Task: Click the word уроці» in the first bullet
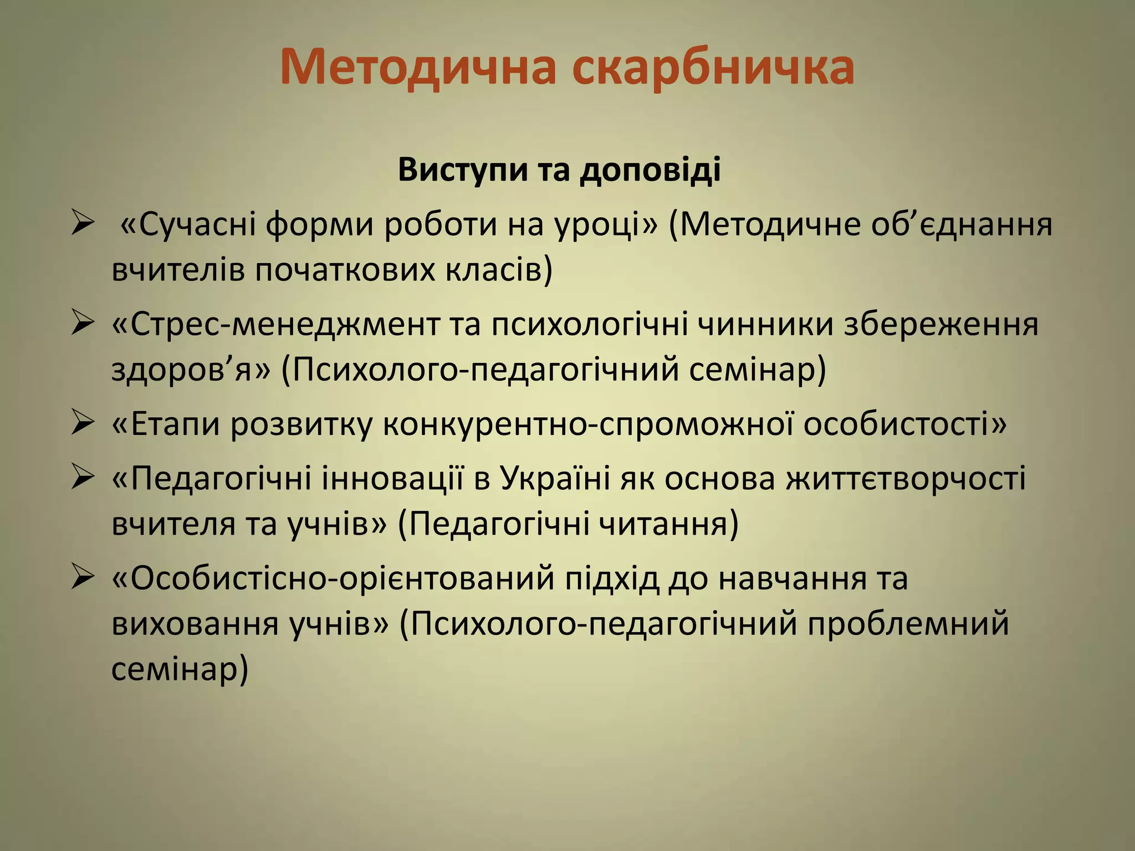click(604, 225)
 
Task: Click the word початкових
click(345, 271)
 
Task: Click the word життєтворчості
click(906, 478)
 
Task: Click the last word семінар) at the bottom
click(180, 669)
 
